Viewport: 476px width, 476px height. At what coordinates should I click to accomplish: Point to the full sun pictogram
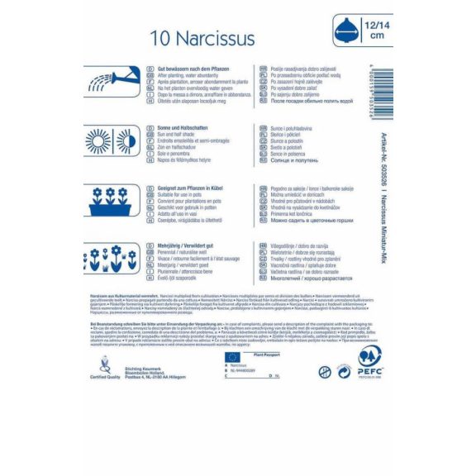101,141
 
